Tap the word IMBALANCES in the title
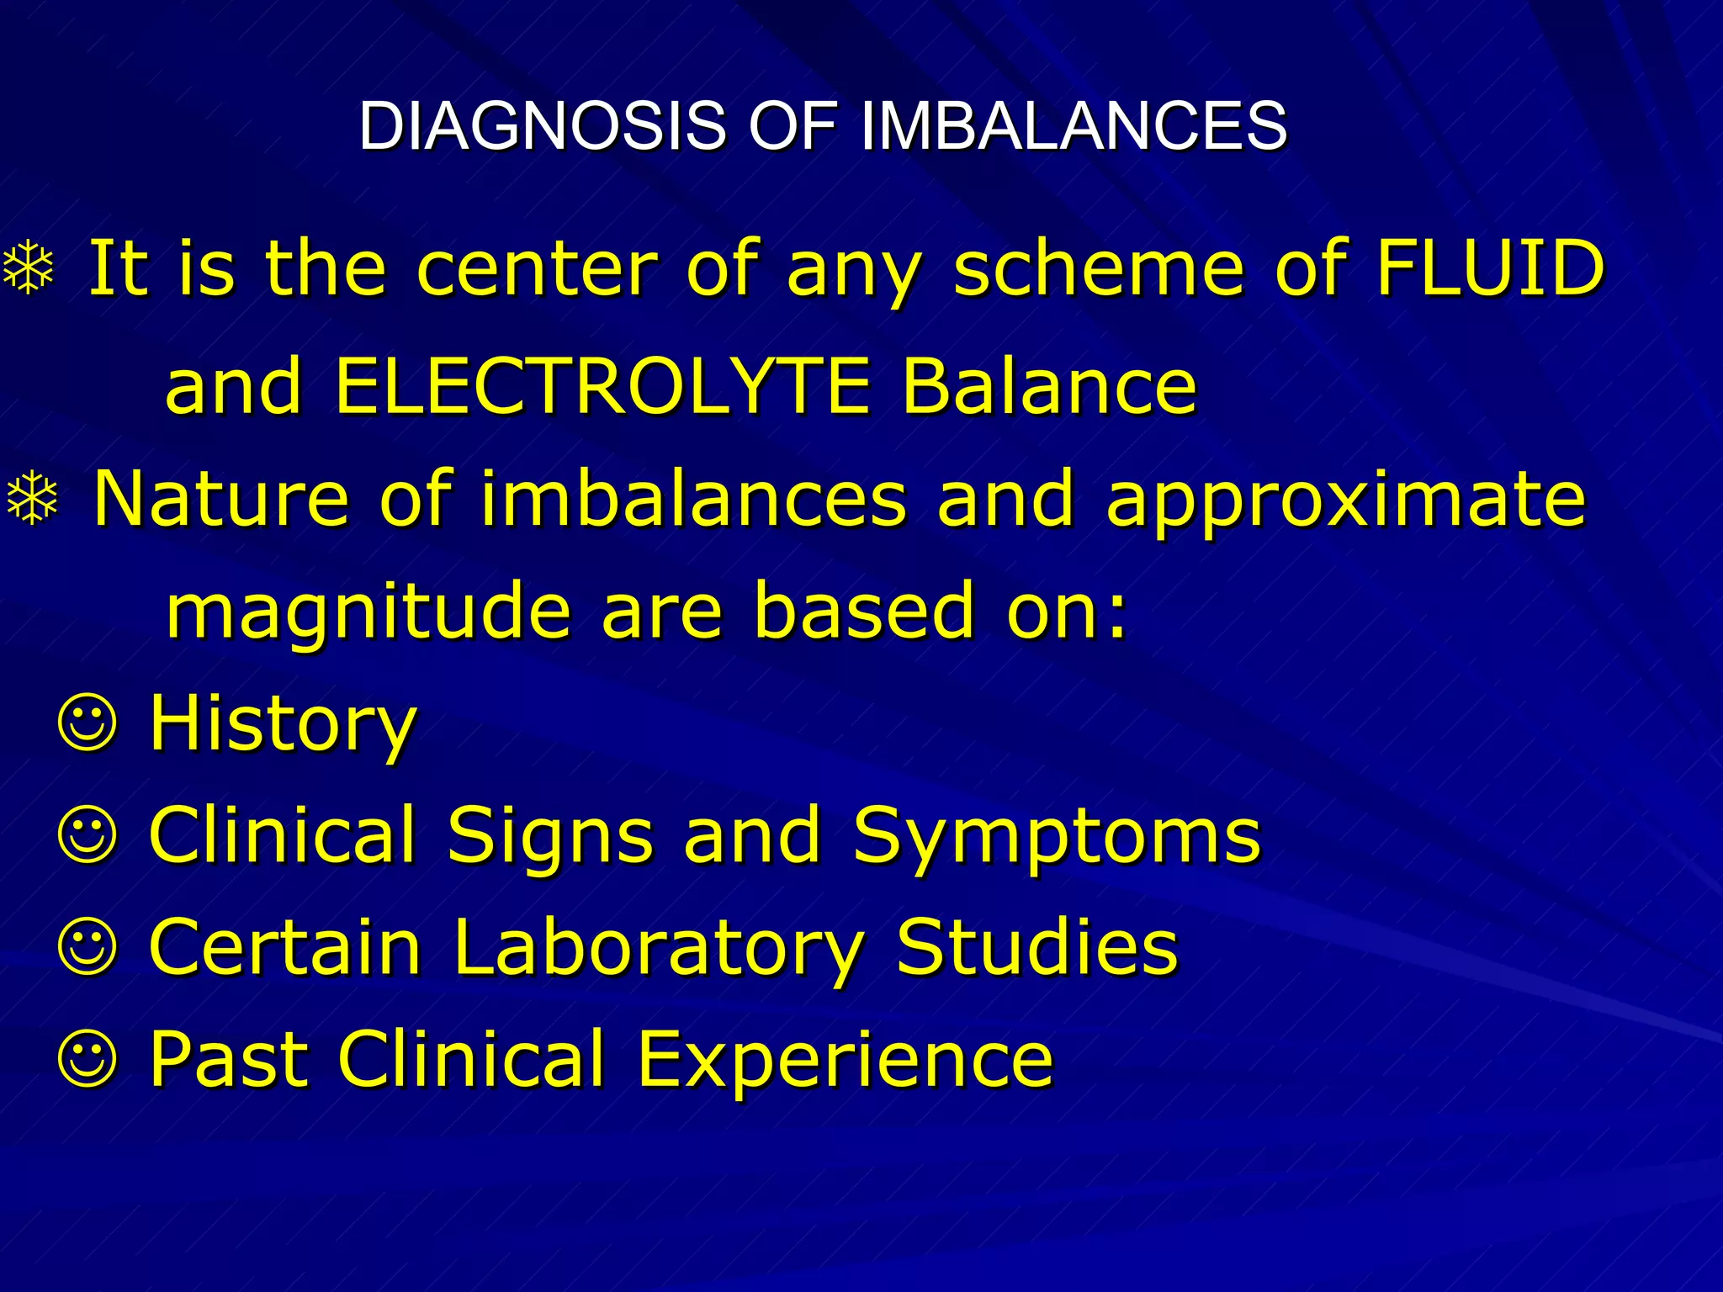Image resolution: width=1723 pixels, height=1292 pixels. tap(1074, 126)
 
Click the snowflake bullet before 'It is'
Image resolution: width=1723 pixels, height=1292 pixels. tap(29, 268)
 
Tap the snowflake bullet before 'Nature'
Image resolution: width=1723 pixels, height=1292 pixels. tap(33, 499)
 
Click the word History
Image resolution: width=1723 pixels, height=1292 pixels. tap(283, 725)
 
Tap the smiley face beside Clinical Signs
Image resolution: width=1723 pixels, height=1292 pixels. tap(87, 836)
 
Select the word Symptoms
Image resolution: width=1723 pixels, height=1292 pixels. tap(1057, 838)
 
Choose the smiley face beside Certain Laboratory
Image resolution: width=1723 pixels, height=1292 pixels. tap(87, 948)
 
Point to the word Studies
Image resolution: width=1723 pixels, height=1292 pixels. tap(1037, 946)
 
